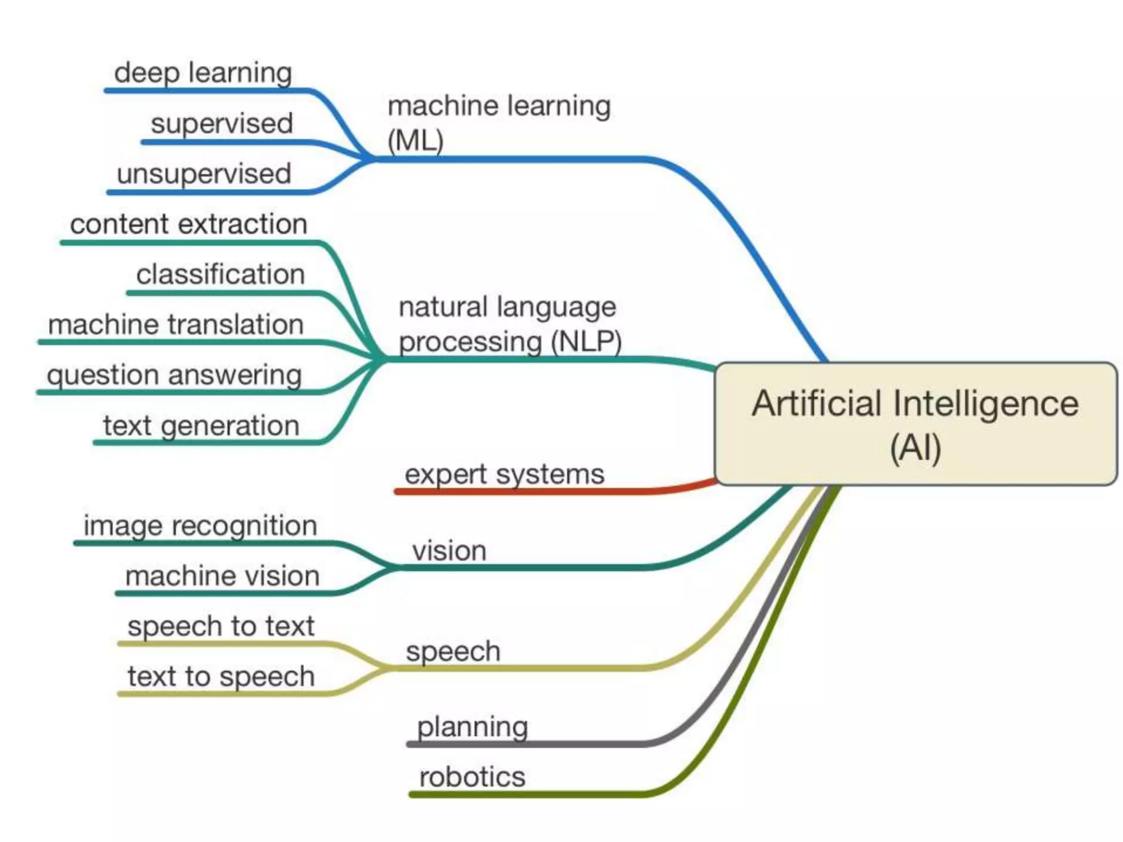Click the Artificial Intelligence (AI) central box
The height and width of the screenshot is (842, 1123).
pos(916,424)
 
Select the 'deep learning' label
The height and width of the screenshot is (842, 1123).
pos(203,72)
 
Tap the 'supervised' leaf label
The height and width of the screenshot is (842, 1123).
pos(222,123)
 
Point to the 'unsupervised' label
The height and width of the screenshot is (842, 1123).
pos(203,174)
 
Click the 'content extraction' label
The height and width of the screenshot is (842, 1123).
pos(189,224)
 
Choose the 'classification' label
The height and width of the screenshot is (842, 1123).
pos(220,274)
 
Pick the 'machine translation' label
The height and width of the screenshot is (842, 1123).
pos(176,324)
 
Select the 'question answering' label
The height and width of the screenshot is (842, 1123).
pos(174,375)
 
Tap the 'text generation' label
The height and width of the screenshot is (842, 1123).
pos(201,425)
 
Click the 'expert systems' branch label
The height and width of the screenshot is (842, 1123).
pos(504,474)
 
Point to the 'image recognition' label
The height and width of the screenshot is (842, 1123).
pos(200,526)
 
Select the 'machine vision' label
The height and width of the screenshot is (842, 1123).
pos(222,576)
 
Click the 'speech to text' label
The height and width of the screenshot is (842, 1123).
pos(221,626)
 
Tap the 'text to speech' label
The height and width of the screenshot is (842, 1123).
pos(221,676)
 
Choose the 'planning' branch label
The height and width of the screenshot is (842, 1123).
pos(472,727)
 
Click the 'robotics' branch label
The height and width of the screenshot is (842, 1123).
pos(472,777)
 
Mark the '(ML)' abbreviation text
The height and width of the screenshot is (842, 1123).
pos(415,140)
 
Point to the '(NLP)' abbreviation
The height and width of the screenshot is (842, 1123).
pos(586,342)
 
